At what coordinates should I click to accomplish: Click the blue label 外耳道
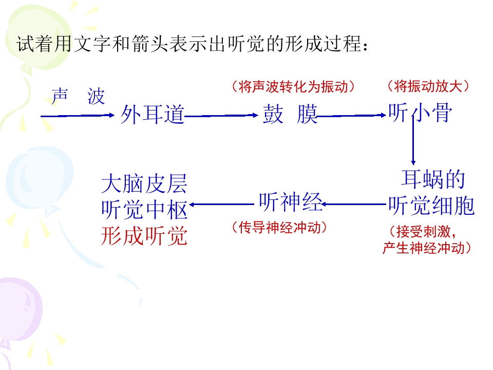click(153, 114)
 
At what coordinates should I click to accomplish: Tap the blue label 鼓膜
click(290, 114)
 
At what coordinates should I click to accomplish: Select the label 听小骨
click(421, 113)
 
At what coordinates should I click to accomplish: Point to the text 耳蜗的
click(433, 179)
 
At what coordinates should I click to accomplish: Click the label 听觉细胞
click(431, 206)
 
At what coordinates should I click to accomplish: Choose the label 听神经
click(291, 202)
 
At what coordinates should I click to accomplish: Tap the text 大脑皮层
click(144, 184)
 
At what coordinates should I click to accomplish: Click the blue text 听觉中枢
click(144, 210)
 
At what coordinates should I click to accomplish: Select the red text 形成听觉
click(144, 236)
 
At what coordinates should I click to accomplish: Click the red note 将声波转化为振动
click(293, 86)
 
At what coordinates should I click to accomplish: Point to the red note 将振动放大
click(428, 86)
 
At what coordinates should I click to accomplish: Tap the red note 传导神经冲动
click(279, 227)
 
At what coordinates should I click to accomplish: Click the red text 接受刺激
click(423, 232)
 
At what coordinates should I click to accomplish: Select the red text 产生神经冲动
click(427, 248)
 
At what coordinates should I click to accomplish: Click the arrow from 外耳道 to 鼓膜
click(221, 116)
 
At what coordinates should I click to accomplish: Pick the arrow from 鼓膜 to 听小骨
click(351, 116)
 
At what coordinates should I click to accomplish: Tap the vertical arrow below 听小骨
click(413, 140)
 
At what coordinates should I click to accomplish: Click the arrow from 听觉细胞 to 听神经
click(354, 205)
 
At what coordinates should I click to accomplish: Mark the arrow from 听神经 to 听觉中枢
click(222, 205)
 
